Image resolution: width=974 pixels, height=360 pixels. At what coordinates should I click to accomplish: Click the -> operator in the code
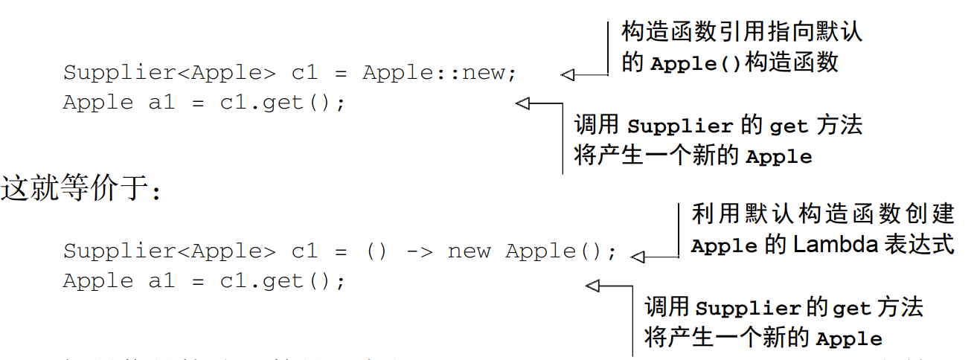coord(419,251)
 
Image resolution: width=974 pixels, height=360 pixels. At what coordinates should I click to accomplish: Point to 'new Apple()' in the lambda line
coord(532,251)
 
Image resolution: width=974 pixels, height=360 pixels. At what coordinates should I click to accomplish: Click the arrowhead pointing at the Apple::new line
coord(568,74)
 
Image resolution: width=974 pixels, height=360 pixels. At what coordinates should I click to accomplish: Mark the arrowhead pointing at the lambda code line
coord(638,257)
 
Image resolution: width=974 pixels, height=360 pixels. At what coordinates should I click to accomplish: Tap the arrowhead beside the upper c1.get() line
coord(522,103)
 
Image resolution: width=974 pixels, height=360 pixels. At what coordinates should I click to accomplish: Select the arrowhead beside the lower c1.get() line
coord(593,286)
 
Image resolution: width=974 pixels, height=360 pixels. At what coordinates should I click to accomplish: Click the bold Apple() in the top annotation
coord(696,63)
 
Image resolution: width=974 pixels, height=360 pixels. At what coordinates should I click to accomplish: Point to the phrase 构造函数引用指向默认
coord(742,32)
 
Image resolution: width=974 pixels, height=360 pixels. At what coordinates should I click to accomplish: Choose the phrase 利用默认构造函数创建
coord(822,214)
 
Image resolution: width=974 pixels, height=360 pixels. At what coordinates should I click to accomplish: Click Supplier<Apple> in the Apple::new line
coord(169,73)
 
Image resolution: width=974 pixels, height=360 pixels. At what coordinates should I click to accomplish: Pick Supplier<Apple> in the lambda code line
coord(169,251)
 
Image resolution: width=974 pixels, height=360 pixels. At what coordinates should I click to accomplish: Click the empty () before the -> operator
coord(376,251)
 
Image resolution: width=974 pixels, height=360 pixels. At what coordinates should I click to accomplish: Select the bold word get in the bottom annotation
coord(851,308)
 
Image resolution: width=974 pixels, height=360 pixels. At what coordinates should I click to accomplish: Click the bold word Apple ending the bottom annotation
coord(849,339)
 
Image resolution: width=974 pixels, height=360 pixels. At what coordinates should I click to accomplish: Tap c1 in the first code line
coord(304,73)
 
